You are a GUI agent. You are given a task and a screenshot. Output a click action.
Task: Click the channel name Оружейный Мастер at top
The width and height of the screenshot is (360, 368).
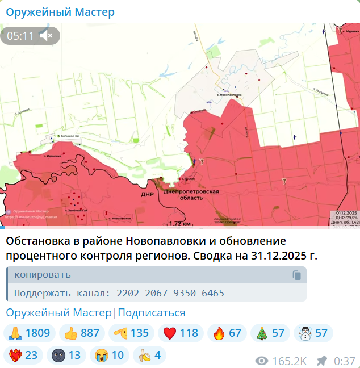[x=60, y=12]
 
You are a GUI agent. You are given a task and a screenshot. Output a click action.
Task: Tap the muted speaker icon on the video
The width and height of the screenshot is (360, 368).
[x=47, y=36]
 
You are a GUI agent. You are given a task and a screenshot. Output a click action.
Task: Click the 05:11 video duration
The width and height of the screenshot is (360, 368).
[x=20, y=36]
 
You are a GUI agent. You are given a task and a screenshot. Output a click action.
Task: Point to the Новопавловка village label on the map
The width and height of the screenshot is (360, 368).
[x=228, y=94]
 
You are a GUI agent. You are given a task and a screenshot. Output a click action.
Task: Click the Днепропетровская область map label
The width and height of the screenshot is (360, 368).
[x=191, y=195]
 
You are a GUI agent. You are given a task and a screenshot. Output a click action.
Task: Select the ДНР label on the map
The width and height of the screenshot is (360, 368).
[x=148, y=194]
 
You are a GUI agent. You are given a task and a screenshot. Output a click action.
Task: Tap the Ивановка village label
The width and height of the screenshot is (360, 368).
[x=52, y=155]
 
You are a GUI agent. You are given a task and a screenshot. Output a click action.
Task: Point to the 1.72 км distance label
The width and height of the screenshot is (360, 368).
[x=179, y=223]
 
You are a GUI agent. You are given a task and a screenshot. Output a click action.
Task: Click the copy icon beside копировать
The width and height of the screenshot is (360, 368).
[x=296, y=275]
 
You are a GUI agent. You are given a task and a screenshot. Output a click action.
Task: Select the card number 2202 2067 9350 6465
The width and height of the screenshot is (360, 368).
[x=170, y=293]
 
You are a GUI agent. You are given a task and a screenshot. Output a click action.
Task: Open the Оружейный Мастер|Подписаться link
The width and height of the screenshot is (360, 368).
[x=95, y=313]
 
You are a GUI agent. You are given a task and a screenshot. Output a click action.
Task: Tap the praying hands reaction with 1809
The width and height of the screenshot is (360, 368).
[x=30, y=333]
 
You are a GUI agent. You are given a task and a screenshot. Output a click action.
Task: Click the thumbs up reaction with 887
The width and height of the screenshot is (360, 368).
[x=82, y=333]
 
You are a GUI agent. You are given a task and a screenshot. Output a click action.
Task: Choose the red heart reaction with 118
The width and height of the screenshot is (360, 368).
[x=181, y=333]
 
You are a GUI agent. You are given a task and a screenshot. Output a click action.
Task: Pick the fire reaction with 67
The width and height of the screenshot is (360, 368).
[x=227, y=333]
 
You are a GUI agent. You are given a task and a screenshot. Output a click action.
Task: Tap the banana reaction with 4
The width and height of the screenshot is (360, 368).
[x=149, y=356]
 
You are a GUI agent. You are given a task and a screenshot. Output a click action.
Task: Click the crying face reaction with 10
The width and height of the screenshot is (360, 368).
[x=110, y=356]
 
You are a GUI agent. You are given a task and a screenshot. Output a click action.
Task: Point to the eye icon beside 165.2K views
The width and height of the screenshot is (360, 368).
[x=262, y=361]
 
